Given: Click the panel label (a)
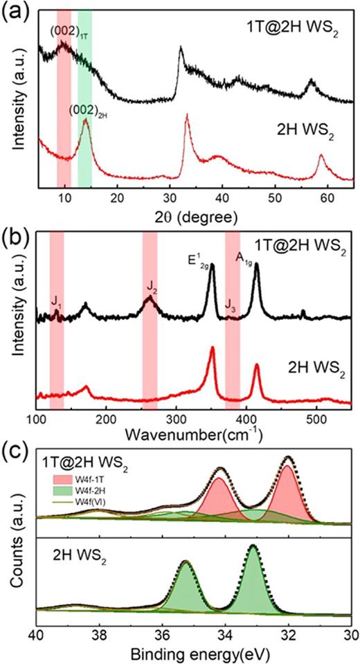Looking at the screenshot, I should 13,13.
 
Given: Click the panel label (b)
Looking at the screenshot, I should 13,233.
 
